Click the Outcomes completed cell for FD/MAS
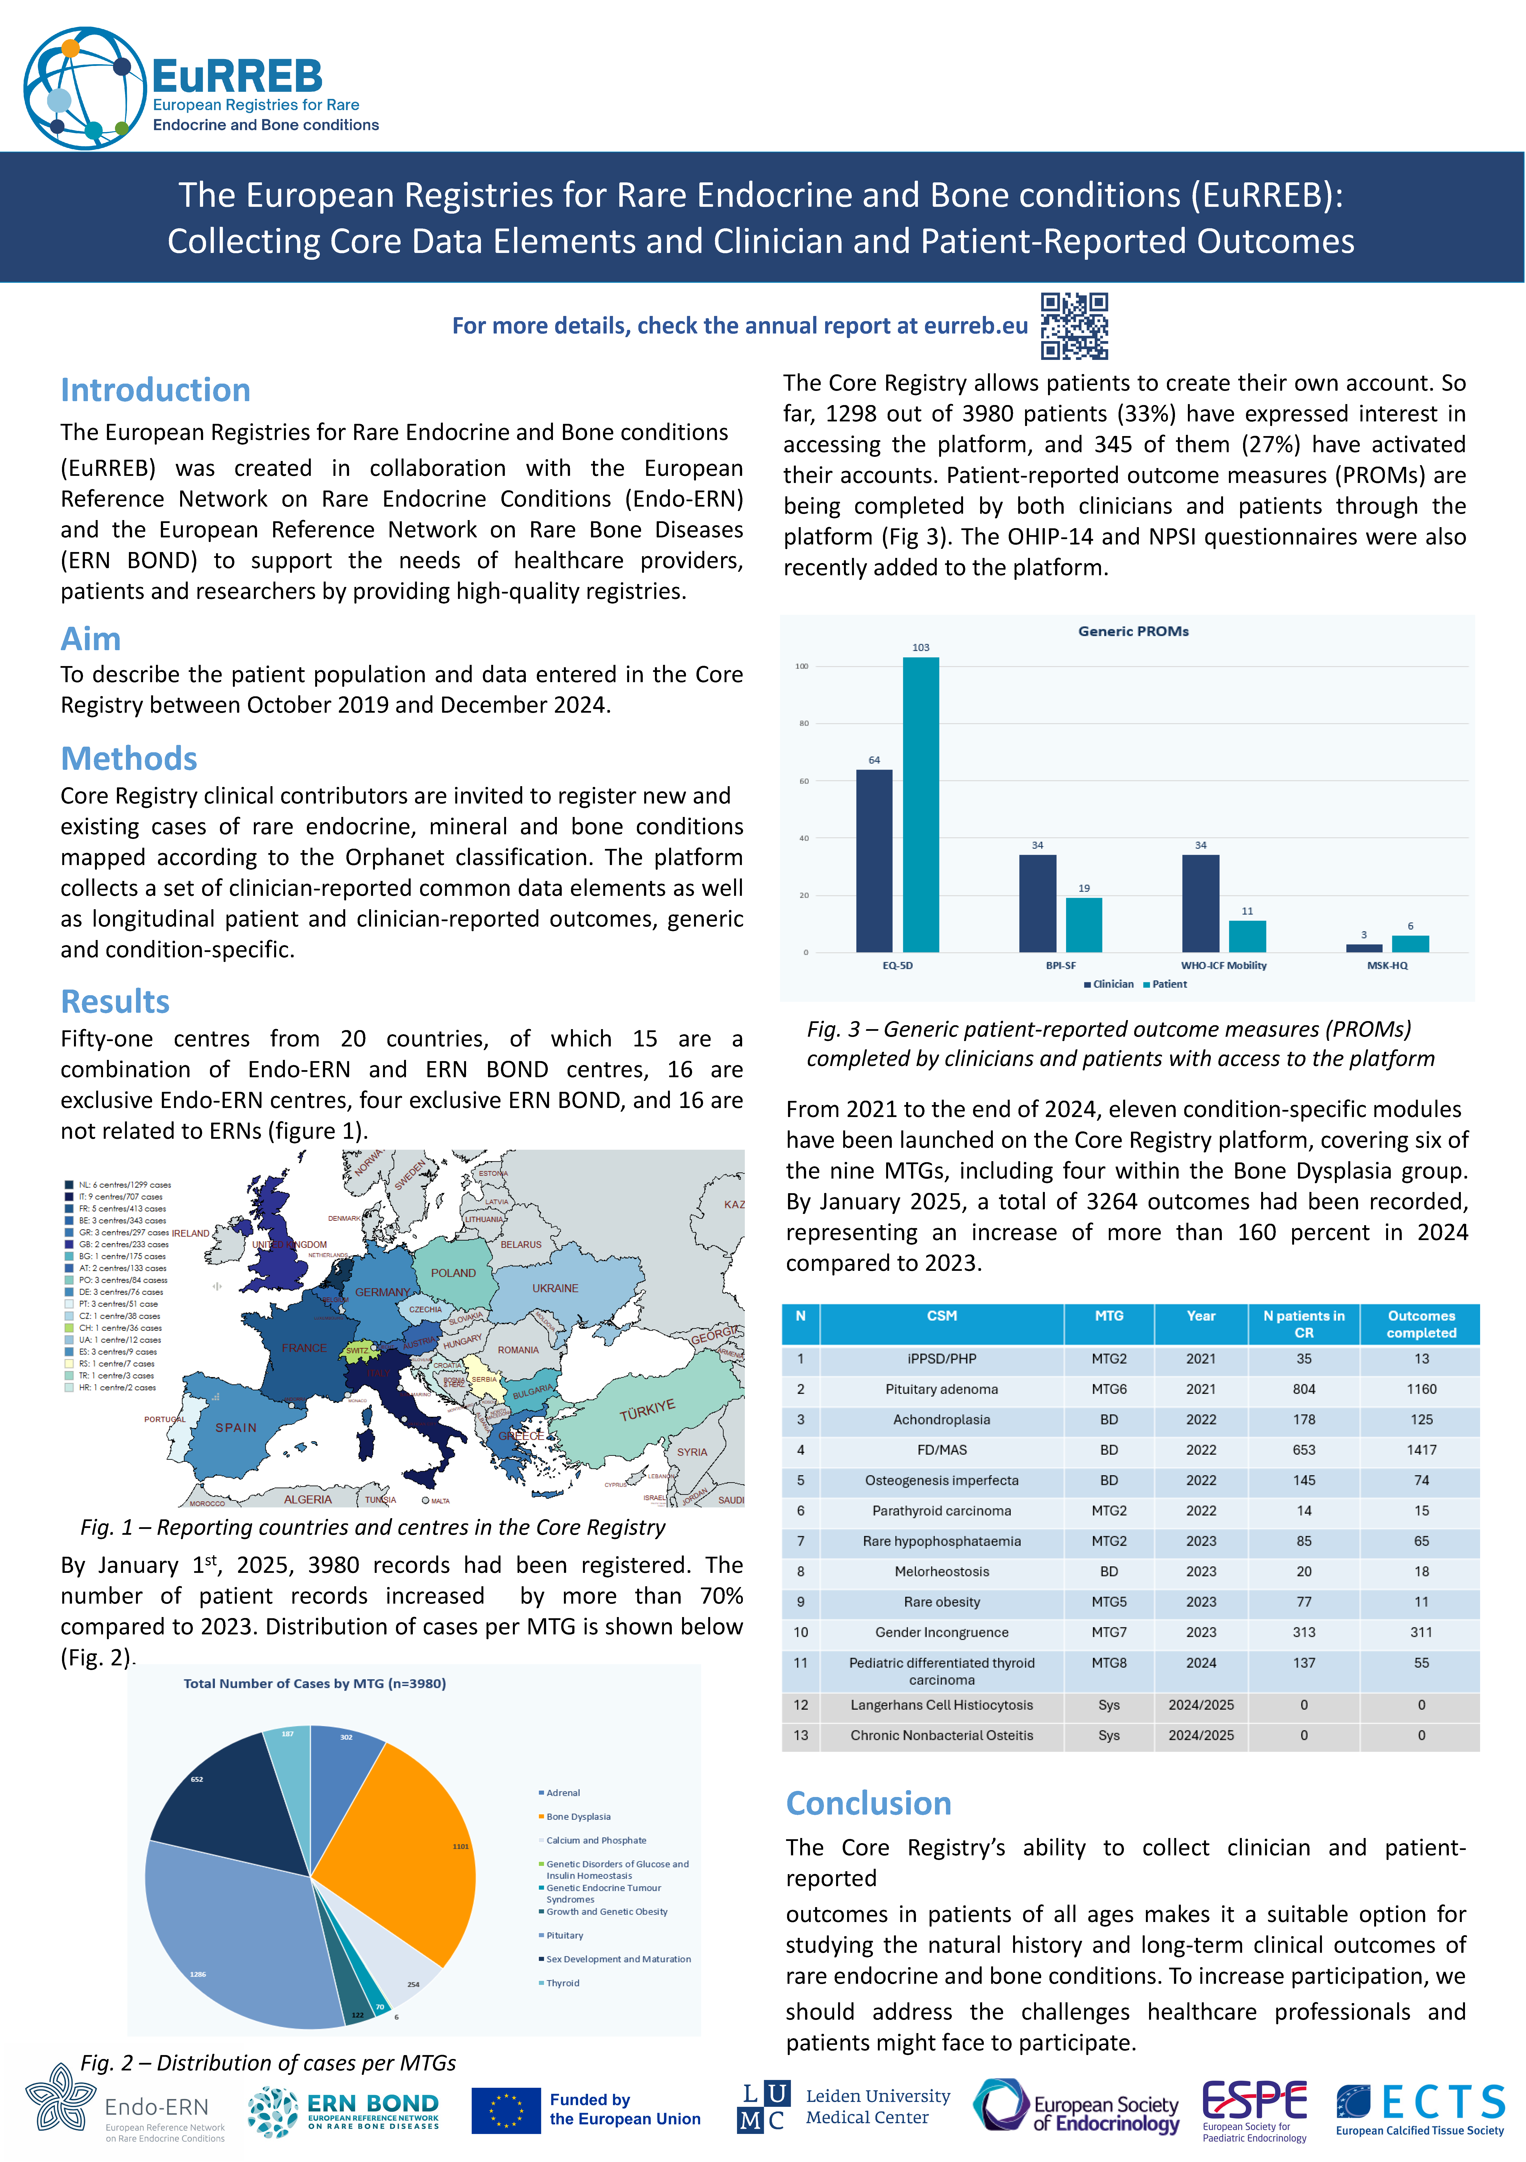[1421, 1450]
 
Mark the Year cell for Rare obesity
[1200, 1602]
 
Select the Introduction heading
[155, 390]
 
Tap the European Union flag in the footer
[506, 2110]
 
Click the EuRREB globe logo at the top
[85, 88]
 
